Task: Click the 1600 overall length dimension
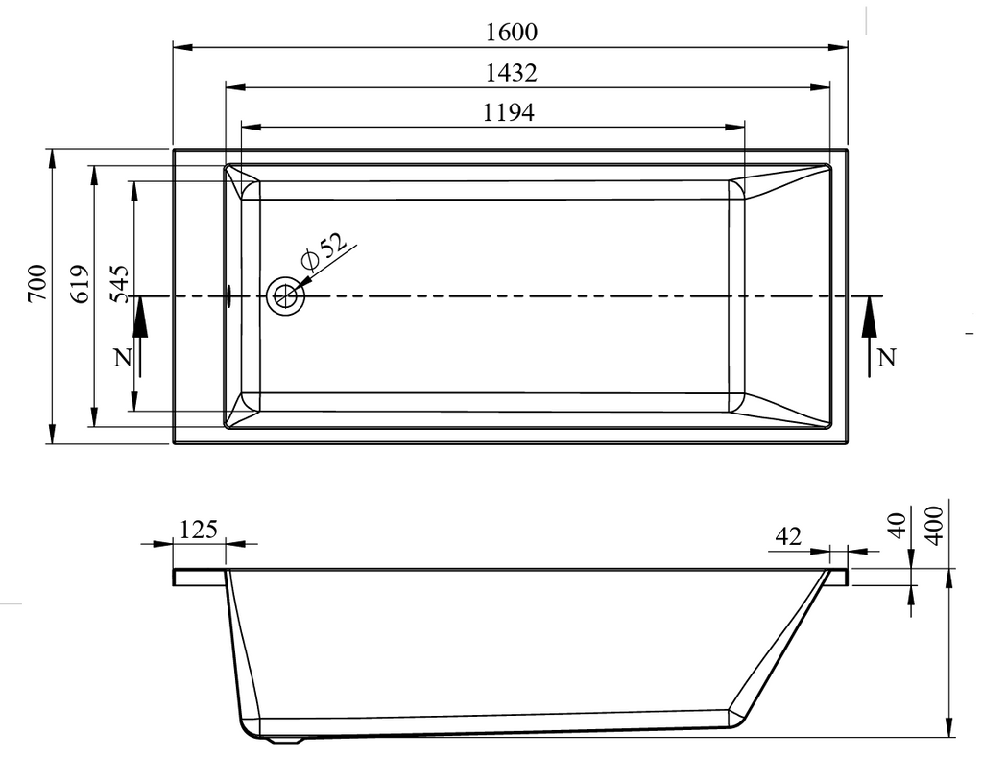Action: tap(512, 32)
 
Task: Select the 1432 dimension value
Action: tap(512, 73)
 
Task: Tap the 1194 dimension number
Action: tap(509, 113)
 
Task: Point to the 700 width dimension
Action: tap(37, 283)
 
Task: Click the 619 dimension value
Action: tap(81, 283)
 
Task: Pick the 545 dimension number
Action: tap(119, 283)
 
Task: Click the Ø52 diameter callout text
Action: tap(324, 250)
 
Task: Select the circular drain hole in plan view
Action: tap(286, 296)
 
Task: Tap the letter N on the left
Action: tap(123, 358)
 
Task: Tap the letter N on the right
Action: tap(886, 358)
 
